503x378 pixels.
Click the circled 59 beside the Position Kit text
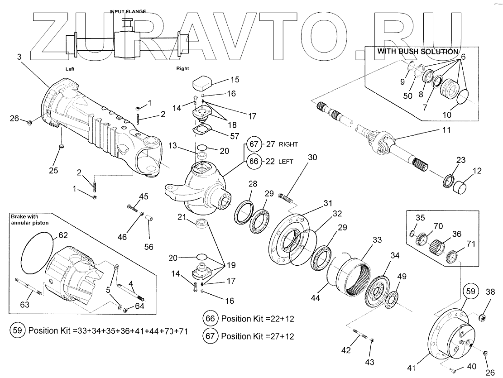17,330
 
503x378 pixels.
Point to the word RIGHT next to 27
288,144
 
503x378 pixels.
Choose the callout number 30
313,157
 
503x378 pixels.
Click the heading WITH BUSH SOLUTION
417,52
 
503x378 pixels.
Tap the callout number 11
446,130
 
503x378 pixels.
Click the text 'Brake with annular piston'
30,220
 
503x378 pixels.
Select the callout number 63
24,305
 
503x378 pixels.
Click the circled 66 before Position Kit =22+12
210,318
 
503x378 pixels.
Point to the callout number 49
402,277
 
